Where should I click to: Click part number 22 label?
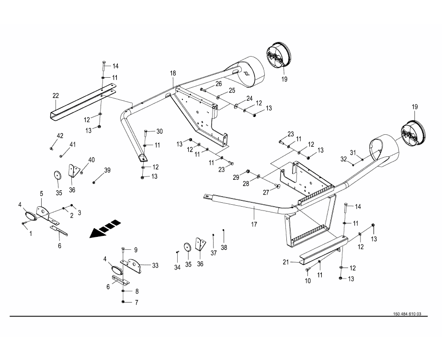[56, 96]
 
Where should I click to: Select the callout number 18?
[173, 73]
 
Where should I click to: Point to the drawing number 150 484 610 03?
[407, 314]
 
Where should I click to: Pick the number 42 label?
[60, 137]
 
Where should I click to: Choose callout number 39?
[107, 170]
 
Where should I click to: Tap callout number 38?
[225, 248]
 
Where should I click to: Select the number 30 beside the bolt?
[159, 131]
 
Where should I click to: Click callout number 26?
[218, 84]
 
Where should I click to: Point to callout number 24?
[249, 98]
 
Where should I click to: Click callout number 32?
[343, 159]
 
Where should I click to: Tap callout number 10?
[308, 280]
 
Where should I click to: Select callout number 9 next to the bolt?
[136, 250]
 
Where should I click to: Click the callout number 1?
[31, 234]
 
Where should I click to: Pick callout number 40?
[91, 160]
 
